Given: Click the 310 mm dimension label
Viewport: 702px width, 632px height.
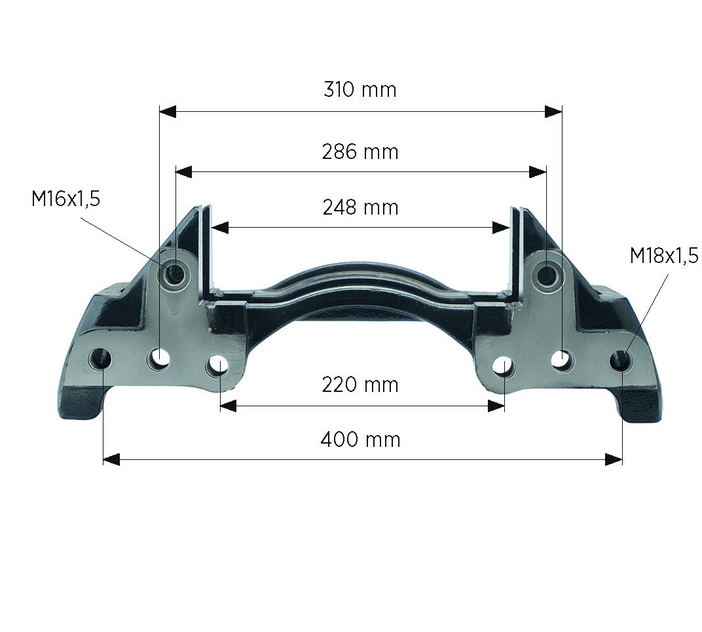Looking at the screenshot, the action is click(360, 90).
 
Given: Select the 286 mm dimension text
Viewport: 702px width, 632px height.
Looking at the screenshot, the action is click(360, 152).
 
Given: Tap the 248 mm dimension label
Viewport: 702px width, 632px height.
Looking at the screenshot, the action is click(360, 207).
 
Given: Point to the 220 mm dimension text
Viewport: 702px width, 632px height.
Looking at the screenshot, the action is click(360, 385).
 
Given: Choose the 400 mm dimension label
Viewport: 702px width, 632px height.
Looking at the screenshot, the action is click(360, 440).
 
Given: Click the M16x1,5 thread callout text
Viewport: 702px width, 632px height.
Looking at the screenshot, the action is click(65, 199).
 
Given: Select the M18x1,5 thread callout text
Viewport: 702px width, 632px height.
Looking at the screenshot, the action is click(664, 256).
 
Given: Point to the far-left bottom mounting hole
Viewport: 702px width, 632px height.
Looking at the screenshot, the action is click(100, 358).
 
